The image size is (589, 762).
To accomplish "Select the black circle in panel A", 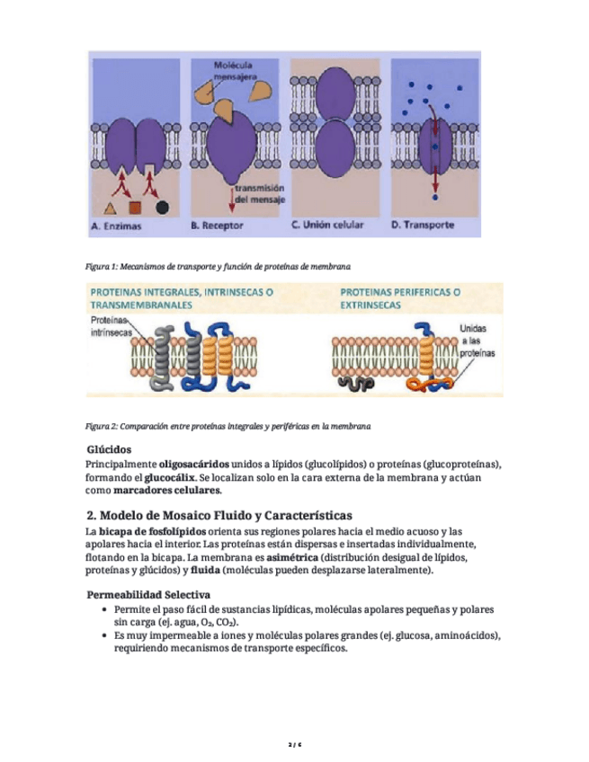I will [x=162, y=207].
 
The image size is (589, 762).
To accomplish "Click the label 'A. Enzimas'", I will [x=118, y=226].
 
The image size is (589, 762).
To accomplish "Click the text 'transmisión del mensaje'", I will [x=260, y=193].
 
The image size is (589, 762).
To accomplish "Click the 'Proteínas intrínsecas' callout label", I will [x=112, y=327].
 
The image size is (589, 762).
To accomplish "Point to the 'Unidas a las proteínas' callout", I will [x=477, y=341].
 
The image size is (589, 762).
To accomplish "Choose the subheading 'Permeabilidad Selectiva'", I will [x=148, y=595].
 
